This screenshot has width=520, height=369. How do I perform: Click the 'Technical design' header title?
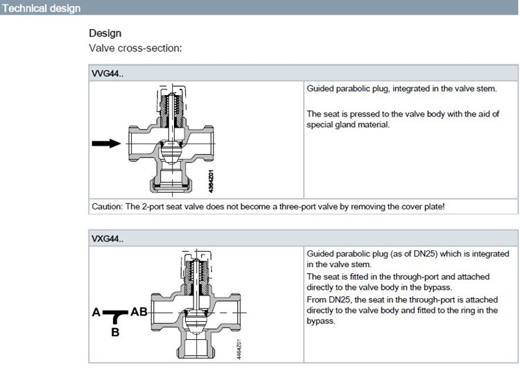pyautogui.click(x=41, y=8)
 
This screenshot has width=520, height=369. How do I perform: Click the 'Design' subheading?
pyautogui.click(x=105, y=33)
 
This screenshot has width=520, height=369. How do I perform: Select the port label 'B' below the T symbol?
pyautogui.click(x=115, y=332)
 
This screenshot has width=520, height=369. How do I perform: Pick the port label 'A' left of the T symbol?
pyautogui.click(x=96, y=313)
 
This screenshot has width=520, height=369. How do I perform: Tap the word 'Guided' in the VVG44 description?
pyautogui.click(x=320, y=89)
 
